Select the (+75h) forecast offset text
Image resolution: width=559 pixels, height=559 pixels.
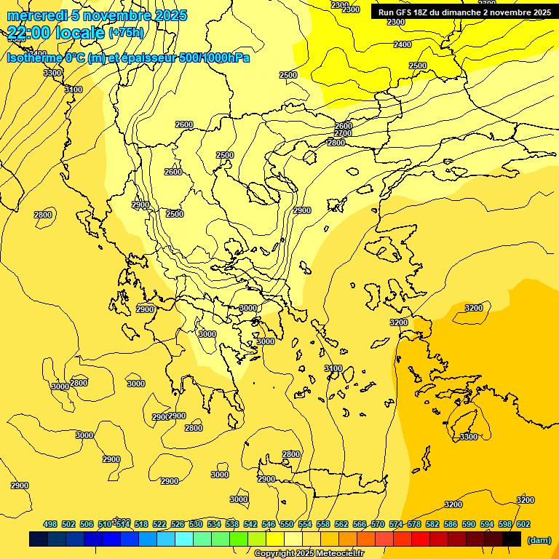coord(126,32)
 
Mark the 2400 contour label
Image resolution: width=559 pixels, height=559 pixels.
coord(403,44)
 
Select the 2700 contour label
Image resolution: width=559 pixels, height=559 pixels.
coord(343,134)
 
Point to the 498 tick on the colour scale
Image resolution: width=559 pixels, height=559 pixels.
coord(50,524)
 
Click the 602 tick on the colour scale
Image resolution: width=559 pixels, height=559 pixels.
coord(523,524)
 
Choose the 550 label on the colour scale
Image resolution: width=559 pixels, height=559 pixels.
coord(287,524)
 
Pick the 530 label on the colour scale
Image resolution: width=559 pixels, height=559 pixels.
coord(196,524)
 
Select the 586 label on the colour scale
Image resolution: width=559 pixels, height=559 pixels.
coord(451,524)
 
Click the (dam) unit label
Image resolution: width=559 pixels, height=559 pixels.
coord(539,539)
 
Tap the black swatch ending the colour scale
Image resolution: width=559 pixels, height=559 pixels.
coord(512,539)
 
